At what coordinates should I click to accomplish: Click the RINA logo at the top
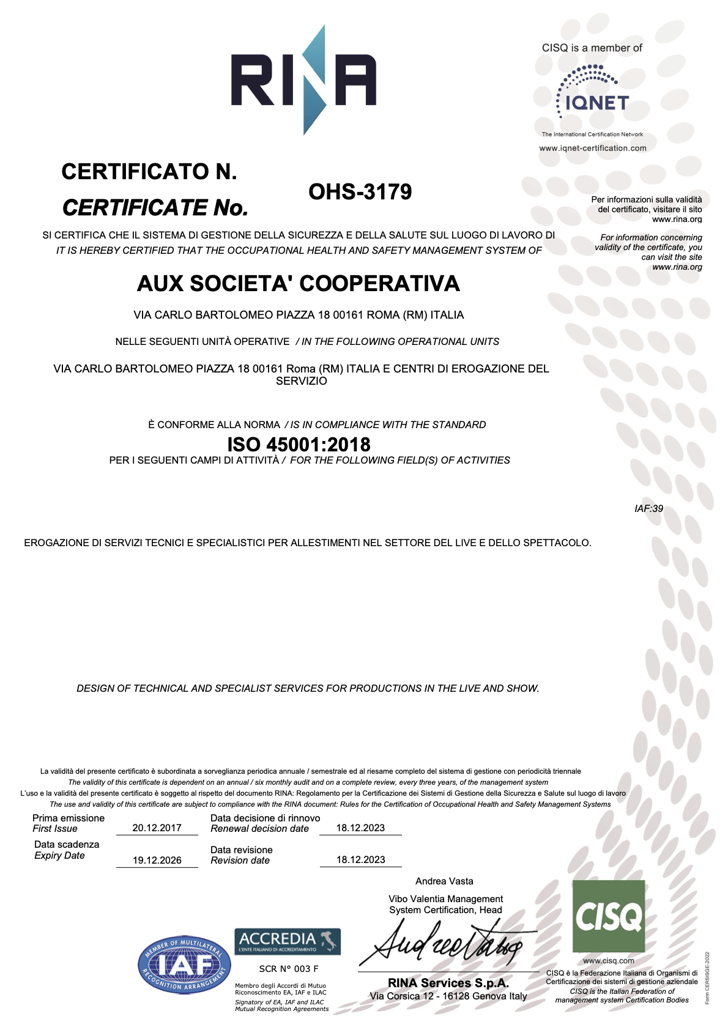click(303, 80)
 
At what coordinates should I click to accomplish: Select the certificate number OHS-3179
click(360, 192)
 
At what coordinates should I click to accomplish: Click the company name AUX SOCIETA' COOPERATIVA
click(298, 283)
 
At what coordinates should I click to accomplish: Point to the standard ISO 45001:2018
click(299, 443)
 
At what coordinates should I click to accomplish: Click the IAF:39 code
click(648, 508)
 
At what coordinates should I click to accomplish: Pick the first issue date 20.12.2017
click(157, 828)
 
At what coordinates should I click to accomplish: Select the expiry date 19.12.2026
click(157, 860)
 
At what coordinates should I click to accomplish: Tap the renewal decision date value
click(360, 828)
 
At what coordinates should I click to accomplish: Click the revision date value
click(360, 859)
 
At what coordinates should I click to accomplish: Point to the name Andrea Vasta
click(444, 881)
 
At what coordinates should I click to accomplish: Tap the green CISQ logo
click(608, 916)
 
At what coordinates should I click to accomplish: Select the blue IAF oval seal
click(184, 965)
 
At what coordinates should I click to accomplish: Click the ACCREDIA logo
click(288, 941)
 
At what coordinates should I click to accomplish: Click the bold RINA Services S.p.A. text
click(448, 983)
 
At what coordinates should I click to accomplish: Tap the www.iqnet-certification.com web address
click(592, 148)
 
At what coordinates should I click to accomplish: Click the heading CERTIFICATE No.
click(155, 208)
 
